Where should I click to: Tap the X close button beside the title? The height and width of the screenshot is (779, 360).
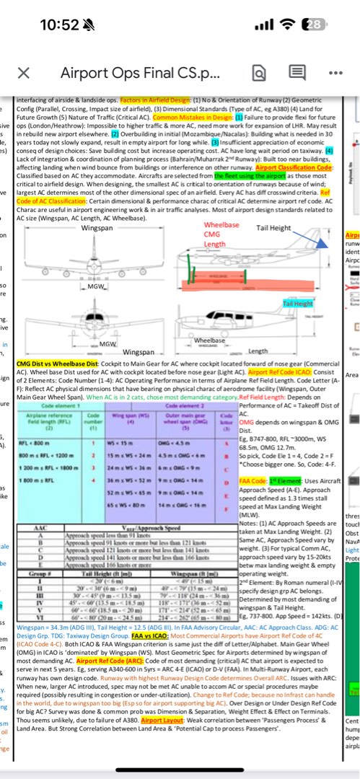tap(23, 73)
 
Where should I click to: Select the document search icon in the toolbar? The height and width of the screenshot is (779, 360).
tap(259, 73)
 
